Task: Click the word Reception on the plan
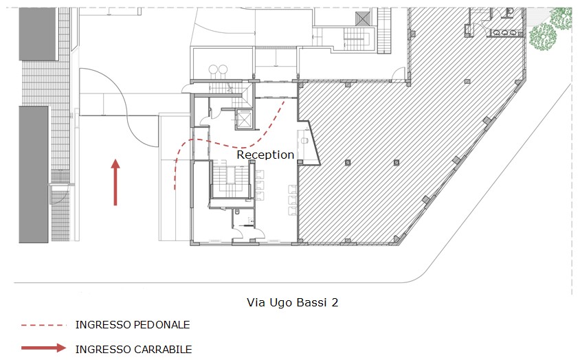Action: [x=265, y=155]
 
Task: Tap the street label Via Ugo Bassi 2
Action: [x=292, y=303]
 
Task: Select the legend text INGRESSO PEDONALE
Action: [x=133, y=325]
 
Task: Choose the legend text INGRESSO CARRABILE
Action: [x=133, y=349]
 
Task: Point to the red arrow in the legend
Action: [x=44, y=348]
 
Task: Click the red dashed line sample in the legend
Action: [x=43, y=325]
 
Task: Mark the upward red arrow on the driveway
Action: [x=115, y=182]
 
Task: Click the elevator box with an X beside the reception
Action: [x=244, y=119]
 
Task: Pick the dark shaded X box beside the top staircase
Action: [x=361, y=19]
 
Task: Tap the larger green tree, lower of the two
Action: [x=543, y=36]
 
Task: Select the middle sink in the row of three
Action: [x=505, y=33]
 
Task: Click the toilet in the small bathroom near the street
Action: [x=236, y=212]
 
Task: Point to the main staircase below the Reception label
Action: [x=230, y=179]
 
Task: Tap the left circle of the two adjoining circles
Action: [x=213, y=69]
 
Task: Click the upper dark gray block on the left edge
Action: [x=38, y=34]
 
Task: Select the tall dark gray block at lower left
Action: [x=34, y=175]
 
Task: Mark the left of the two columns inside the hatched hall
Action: [x=347, y=162]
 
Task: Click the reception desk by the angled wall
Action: [x=304, y=144]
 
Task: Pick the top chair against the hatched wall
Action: [x=292, y=189]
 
